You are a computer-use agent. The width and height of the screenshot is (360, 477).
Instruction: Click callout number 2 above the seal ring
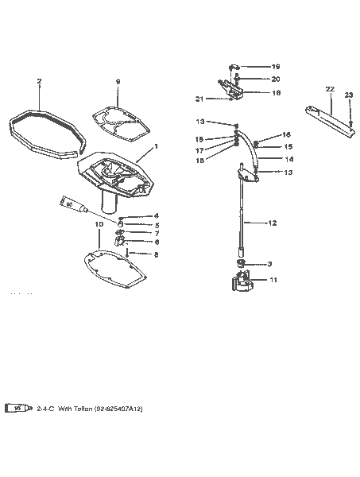(39, 81)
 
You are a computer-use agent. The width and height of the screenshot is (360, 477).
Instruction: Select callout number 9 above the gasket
(118, 81)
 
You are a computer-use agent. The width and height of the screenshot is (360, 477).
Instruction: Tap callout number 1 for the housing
(157, 146)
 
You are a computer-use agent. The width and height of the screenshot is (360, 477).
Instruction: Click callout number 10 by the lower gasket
(99, 225)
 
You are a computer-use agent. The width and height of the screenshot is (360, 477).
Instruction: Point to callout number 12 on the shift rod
(273, 223)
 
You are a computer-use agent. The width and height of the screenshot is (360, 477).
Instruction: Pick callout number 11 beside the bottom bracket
(274, 280)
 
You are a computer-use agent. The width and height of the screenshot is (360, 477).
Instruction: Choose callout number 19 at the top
(276, 67)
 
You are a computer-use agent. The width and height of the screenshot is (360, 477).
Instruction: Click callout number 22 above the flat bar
(330, 88)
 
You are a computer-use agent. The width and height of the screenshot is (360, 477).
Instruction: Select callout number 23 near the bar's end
(348, 95)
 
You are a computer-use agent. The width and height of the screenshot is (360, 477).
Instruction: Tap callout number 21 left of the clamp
(199, 99)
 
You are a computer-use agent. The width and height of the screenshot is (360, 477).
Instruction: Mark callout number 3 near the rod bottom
(269, 263)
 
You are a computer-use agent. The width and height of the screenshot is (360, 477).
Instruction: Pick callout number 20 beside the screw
(276, 79)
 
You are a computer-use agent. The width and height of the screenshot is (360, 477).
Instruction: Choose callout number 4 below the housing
(157, 215)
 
